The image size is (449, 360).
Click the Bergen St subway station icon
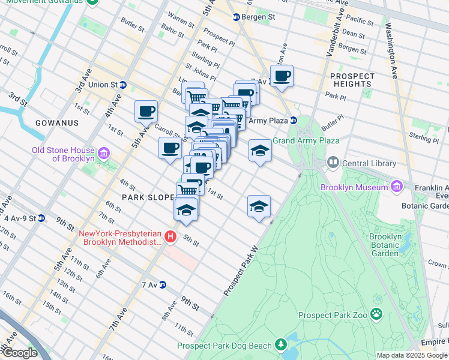pyautogui.click(x=237, y=17)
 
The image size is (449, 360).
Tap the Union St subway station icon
pyautogui.click(x=122, y=85)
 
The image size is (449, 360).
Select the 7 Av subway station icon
pyautogui.click(x=162, y=284)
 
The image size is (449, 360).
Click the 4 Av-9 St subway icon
pyautogui.click(x=41, y=218)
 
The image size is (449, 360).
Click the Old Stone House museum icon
pyautogui.click(x=104, y=154)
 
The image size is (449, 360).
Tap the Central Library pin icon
pyautogui.click(x=333, y=163)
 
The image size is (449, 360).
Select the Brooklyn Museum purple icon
pyautogui.click(x=396, y=187)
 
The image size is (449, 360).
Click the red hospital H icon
pyautogui.click(x=170, y=237)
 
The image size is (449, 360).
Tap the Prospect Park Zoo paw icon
pyautogui.click(x=376, y=314)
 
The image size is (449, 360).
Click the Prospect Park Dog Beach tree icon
pyautogui.click(x=280, y=344)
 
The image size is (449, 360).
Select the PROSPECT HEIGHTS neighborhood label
pyautogui.click(x=352, y=80)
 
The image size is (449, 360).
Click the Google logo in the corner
pyautogui.click(x=19, y=353)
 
